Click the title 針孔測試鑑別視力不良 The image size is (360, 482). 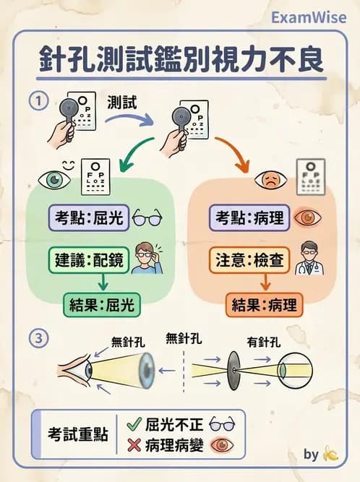click(180, 60)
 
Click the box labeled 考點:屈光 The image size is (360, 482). click(89, 217)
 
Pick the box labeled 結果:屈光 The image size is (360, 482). click(102, 304)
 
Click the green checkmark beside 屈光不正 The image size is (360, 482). click(133, 424)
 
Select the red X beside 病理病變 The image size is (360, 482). click(133, 444)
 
